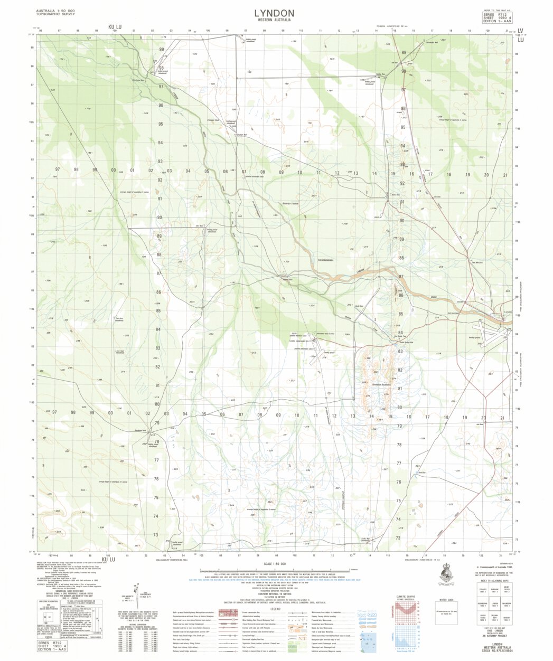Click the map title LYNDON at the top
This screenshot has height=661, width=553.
(x=274, y=13)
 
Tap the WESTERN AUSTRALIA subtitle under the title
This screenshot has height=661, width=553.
(x=274, y=20)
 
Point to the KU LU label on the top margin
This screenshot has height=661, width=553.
(x=115, y=26)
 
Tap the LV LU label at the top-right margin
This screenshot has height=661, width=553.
(x=521, y=35)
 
